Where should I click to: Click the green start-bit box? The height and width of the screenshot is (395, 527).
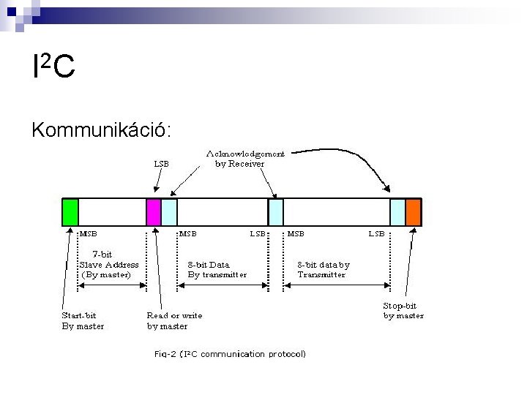tap(70, 211)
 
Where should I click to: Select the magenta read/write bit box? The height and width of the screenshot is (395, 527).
tap(154, 211)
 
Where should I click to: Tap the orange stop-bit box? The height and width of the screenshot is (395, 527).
tap(414, 211)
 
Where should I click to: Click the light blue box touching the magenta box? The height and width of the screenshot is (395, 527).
tap(169, 211)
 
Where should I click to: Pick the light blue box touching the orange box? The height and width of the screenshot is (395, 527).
tap(397, 211)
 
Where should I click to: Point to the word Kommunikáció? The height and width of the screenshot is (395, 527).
tap(101, 129)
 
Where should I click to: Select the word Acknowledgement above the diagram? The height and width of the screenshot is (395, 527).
tap(246, 154)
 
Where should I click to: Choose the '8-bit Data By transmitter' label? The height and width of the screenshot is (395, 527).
tap(217, 269)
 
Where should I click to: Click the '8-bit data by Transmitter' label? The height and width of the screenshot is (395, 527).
tap(323, 269)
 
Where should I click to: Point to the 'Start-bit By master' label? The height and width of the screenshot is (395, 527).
tap(82, 320)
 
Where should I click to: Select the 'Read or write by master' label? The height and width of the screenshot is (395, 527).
tap(174, 320)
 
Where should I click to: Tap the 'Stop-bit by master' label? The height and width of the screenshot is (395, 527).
tap(403, 310)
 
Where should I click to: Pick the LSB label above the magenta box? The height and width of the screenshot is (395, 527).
tap(161, 164)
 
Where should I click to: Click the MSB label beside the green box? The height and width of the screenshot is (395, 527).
tap(88, 234)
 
